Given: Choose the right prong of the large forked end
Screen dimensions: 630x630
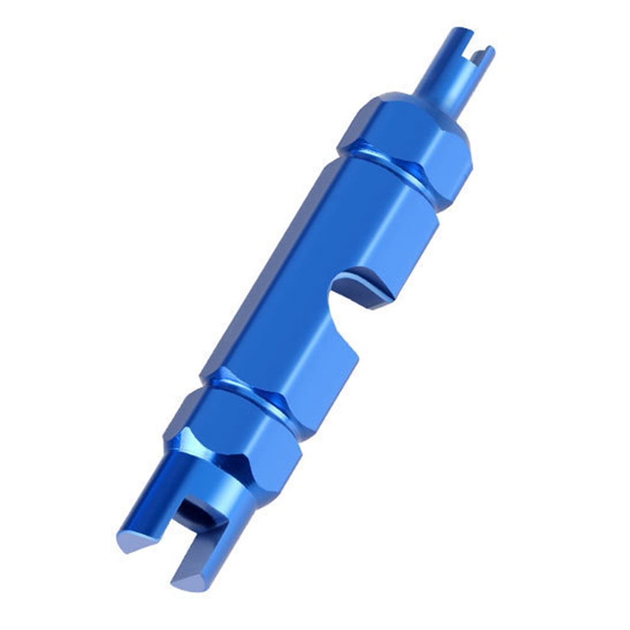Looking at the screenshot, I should coord(208,541).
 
